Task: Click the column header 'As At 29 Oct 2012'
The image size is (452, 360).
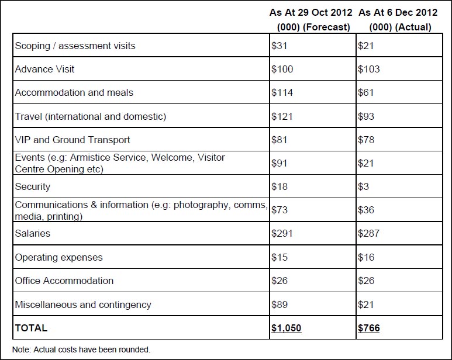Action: pos(310,13)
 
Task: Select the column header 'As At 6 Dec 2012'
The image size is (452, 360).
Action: pos(398,13)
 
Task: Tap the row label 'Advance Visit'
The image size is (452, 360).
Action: pos(45,69)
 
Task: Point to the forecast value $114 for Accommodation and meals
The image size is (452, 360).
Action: pos(282,92)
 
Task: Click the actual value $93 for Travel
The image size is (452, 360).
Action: pos(367,116)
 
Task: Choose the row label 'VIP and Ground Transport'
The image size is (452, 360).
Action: pos(73,140)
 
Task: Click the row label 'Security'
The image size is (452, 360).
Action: pos(33,186)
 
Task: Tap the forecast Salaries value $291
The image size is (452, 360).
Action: pos(282,233)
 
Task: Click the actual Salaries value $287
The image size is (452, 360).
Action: pos(369,233)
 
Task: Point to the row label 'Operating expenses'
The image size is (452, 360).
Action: pos(58,257)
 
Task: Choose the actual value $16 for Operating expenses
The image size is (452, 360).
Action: pos(367,257)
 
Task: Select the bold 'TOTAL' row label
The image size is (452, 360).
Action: pos(32,328)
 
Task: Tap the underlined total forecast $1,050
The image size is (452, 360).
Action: pos(287,328)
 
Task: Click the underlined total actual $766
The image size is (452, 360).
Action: pos(369,328)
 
